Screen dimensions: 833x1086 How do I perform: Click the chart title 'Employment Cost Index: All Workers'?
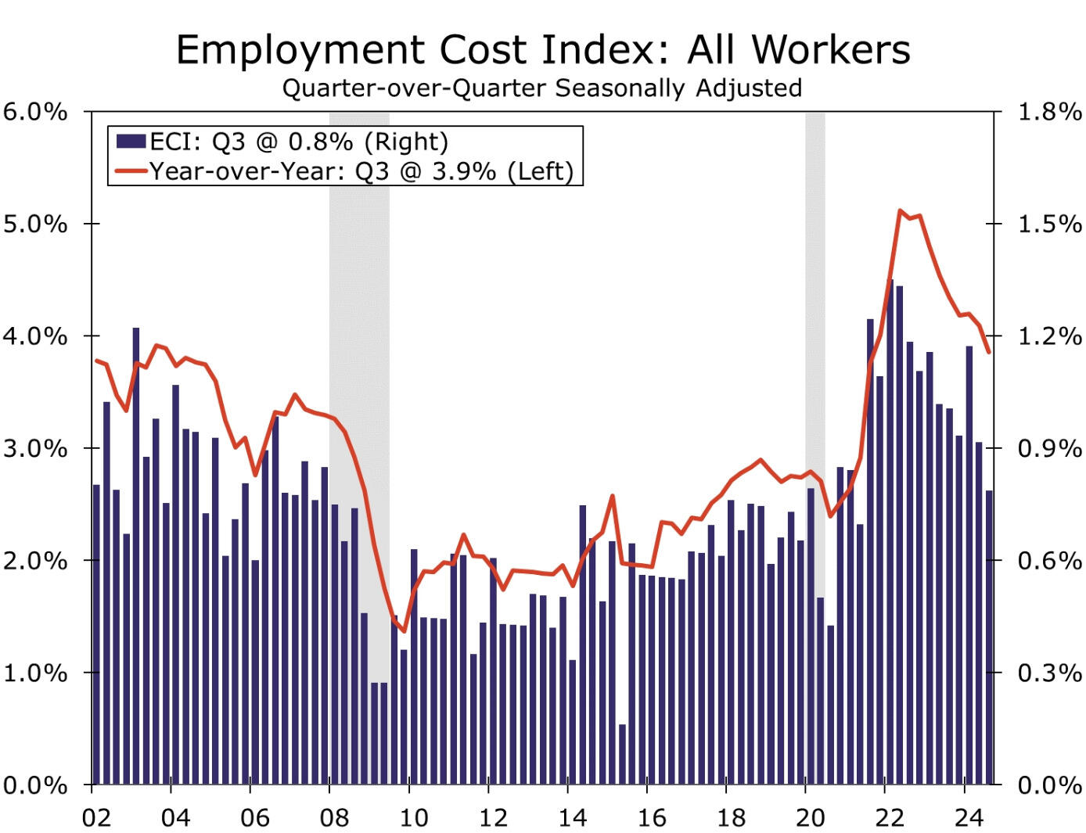pos(543,50)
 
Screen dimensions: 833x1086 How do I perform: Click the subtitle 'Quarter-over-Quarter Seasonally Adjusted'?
pos(542,88)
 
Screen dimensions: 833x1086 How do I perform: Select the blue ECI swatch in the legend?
pos(131,141)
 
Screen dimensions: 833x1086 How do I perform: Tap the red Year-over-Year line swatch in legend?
pos(131,171)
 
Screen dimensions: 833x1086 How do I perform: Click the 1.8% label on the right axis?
pos(1049,112)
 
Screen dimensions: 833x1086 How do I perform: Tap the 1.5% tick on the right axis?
pos(1049,224)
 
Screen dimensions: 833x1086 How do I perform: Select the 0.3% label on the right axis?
pos(1049,673)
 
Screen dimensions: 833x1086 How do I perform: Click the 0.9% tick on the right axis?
pos(1049,449)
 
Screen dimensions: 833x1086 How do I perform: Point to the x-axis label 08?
pos(334,817)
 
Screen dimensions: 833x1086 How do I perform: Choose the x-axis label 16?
pos(651,817)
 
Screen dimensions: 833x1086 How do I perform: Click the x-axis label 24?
pos(968,817)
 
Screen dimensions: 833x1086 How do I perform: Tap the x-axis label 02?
pos(96,817)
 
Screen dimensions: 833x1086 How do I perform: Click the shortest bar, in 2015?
pos(623,754)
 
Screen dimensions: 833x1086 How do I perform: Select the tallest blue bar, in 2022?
pos(890,532)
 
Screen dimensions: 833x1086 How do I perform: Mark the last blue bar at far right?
pos(989,637)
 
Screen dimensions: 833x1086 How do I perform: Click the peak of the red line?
pos(901,210)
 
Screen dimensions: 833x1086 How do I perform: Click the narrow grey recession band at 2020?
pos(815,313)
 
